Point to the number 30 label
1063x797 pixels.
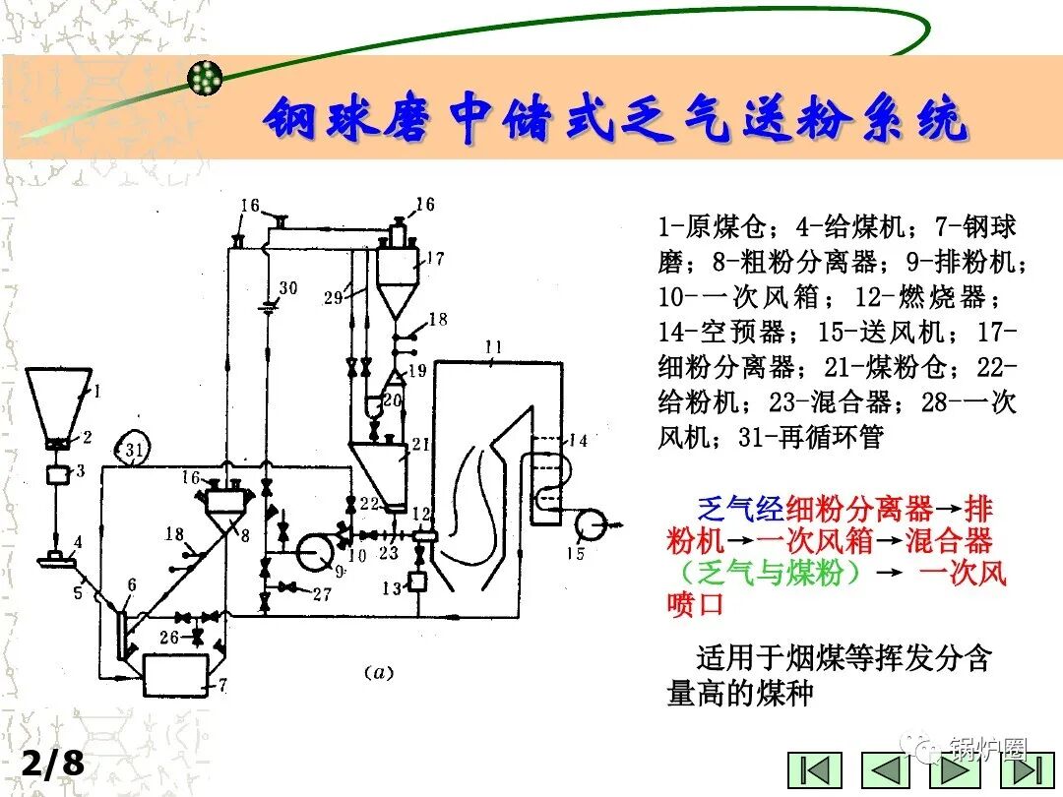pos(287,287)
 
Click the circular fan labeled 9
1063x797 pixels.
pos(317,551)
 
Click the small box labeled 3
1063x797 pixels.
pos(59,474)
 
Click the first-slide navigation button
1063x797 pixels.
pos(819,770)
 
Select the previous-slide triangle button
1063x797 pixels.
pos(886,770)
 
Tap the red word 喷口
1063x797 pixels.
pos(695,603)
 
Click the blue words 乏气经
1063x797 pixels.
pos(741,509)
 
